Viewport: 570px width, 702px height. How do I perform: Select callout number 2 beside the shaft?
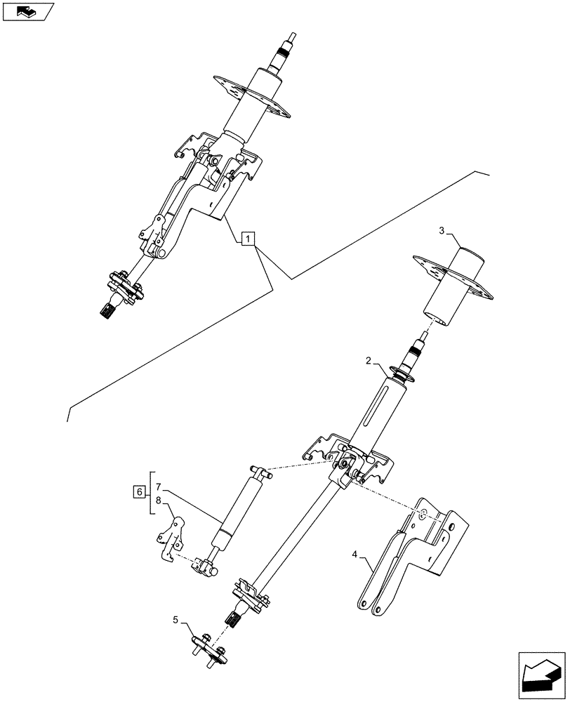[368, 362]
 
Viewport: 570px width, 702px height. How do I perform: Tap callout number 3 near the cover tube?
[442, 231]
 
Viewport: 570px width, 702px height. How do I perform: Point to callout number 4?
[356, 555]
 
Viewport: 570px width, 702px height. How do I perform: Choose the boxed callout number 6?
[139, 492]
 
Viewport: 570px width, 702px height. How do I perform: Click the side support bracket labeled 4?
[411, 555]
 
